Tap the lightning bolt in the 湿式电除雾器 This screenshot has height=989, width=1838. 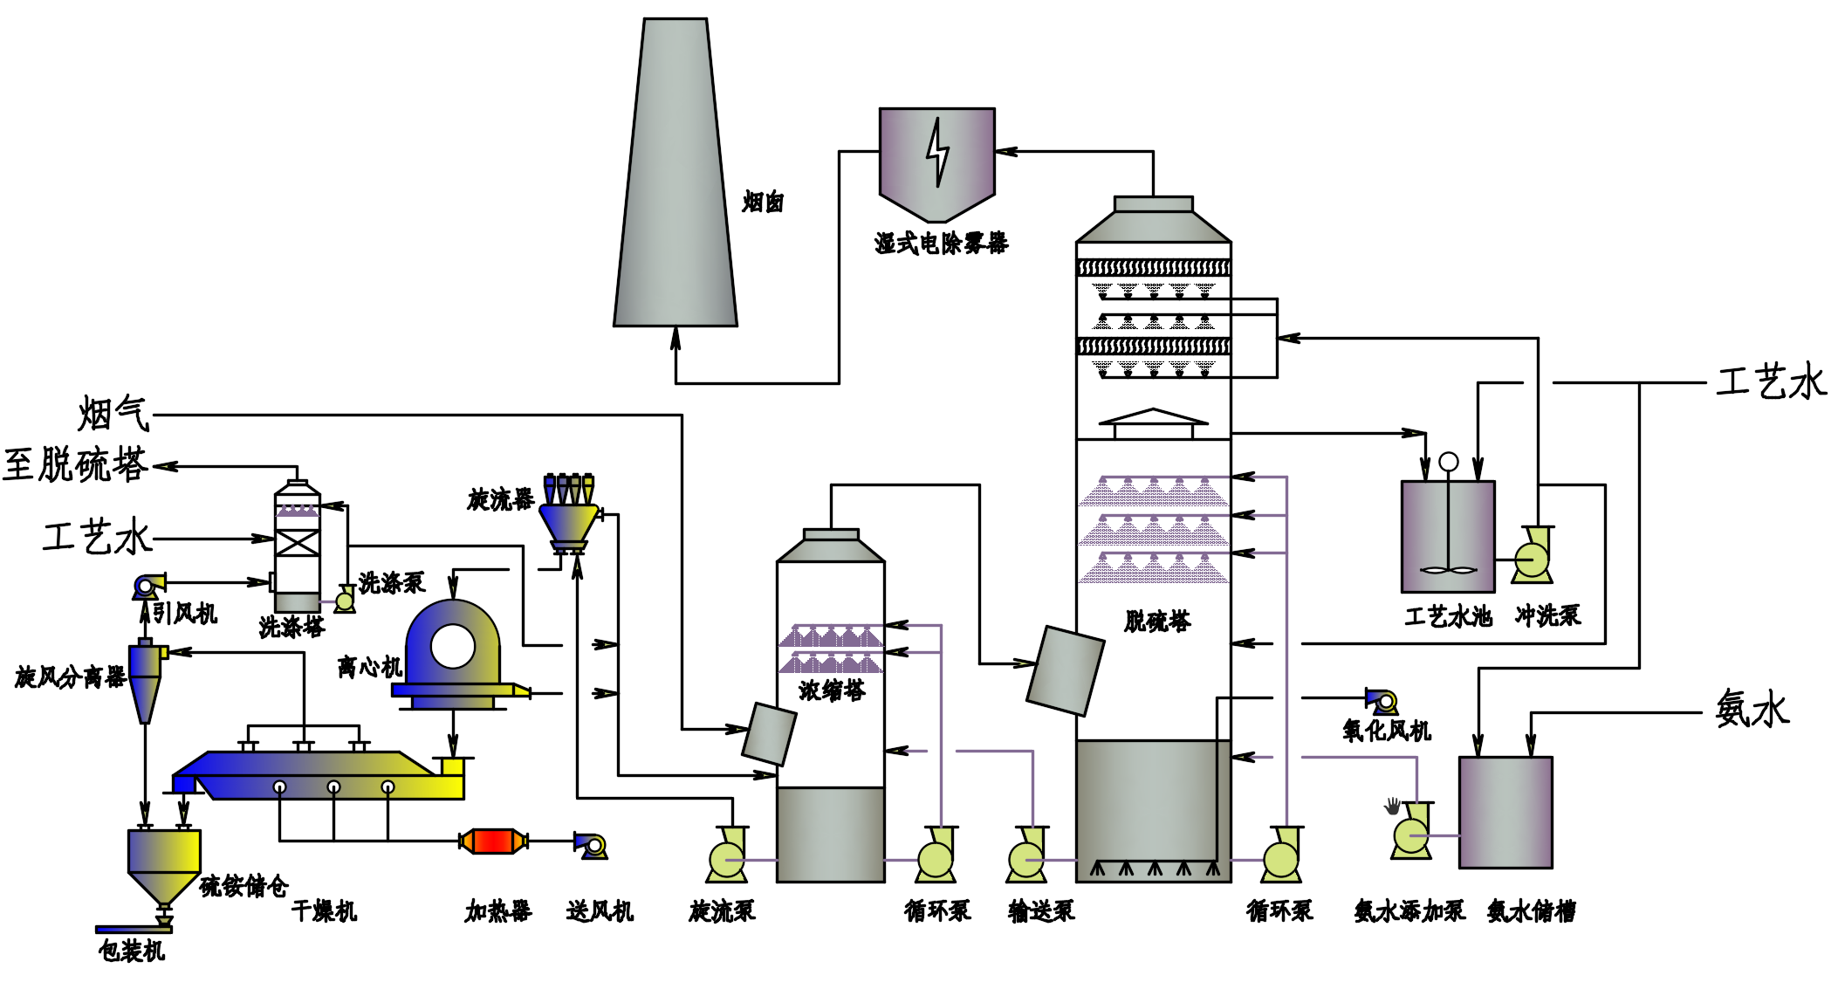click(x=937, y=153)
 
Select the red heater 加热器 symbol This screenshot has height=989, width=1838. click(x=493, y=841)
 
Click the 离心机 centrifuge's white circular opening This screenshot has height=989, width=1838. click(x=453, y=647)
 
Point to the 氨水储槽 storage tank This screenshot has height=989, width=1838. click(x=1505, y=812)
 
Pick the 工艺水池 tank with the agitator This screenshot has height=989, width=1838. click(x=1448, y=537)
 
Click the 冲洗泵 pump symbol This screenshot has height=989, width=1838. click(x=1533, y=556)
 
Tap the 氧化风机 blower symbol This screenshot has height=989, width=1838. click(x=1382, y=701)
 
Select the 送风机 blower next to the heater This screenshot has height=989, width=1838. click(x=592, y=845)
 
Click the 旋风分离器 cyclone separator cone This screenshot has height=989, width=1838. click(x=145, y=685)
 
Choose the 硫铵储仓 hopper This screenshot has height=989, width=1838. click(x=164, y=864)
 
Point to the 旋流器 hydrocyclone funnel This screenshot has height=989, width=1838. click(x=569, y=524)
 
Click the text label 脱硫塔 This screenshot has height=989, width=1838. click(x=1157, y=622)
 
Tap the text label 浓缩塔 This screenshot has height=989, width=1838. click(x=832, y=691)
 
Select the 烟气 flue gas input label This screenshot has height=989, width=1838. click(x=113, y=414)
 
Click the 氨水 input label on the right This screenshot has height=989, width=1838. click(x=1752, y=709)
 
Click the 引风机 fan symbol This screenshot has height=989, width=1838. click(x=147, y=587)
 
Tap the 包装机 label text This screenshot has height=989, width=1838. click(x=132, y=951)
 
